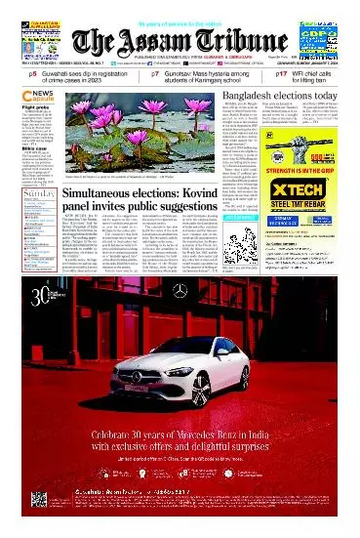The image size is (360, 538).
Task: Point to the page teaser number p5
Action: tap(32, 73)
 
